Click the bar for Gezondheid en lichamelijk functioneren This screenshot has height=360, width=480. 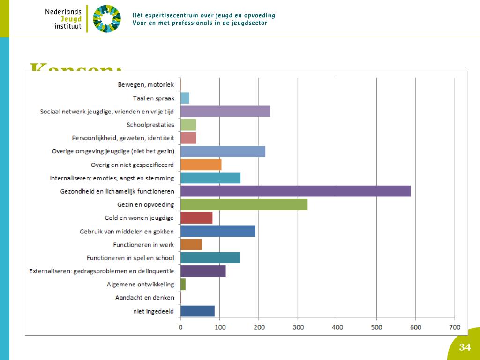click(x=295, y=191)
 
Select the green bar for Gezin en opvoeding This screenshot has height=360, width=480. click(x=244, y=205)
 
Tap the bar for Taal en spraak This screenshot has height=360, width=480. click(x=185, y=98)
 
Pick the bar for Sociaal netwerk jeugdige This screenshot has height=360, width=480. click(x=225, y=111)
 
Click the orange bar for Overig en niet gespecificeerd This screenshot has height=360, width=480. click(x=201, y=165)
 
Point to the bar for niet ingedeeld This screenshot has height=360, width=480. click(x=197, y=311)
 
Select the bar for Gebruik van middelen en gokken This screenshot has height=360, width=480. click(x=217, y=231)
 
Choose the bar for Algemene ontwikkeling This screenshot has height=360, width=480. click(x=183, y=284)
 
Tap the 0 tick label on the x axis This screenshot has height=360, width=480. click(x=180, y=327)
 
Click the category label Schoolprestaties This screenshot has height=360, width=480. click(x=150, y=125)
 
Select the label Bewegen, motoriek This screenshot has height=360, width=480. click(x=146, y=85)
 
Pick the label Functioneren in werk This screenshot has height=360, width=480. click(x=143, y=245)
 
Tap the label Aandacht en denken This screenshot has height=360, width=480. click(x=145, y=298)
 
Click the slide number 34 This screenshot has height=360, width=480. click(x=465, y=347)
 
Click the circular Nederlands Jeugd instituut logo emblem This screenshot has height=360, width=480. click(x=106, y=19)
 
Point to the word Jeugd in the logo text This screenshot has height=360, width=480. click(x=71, y=19)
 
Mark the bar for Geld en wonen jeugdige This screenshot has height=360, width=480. click(x=196, y=218)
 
